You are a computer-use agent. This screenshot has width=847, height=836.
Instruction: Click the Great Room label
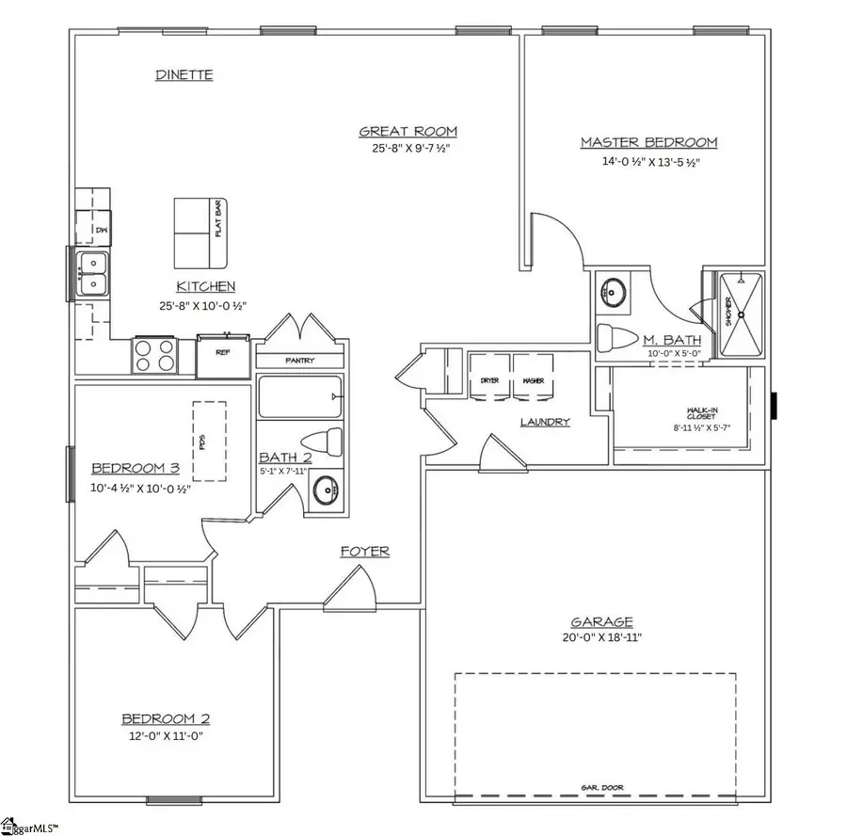[408, 132]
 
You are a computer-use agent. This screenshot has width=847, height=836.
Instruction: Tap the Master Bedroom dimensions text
[648, 162]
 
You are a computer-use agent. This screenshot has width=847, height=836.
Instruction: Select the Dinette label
[184, 74]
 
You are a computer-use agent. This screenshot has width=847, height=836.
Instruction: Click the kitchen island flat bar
[204, 233]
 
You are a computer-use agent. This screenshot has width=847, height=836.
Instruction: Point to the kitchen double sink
[93, 273]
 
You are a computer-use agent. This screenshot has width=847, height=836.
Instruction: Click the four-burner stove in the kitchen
[153, 357]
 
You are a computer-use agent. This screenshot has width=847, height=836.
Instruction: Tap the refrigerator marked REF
[223, 355]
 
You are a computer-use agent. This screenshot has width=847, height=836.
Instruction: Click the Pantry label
[299, 361]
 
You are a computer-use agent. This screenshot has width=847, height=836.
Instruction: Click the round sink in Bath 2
[325, 490]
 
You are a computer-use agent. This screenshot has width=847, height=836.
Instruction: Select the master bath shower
[741, 313]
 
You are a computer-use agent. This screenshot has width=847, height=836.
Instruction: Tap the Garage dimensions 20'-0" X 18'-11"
[602, 637]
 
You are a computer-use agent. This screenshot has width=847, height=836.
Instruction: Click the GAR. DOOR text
[601, 787]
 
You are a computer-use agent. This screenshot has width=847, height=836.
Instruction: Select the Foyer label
[364, 552]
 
